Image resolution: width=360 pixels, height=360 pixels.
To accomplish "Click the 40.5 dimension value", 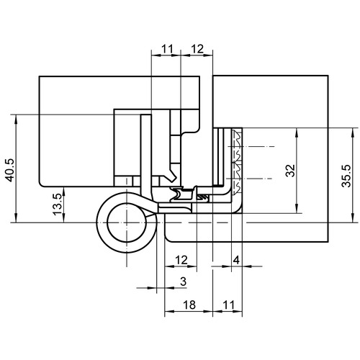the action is tap(10, 170).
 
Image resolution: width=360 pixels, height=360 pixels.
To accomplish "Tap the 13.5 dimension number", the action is tap(58, 204).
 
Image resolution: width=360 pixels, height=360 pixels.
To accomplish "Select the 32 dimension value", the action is tap(290, 171).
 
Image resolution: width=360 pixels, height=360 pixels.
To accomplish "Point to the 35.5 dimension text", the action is tap(346, 176).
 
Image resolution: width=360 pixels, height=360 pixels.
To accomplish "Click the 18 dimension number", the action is tap(189, 305).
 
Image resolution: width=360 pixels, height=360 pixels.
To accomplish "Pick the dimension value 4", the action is tap(236, 260).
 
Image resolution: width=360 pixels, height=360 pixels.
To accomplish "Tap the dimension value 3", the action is tap(184, 281).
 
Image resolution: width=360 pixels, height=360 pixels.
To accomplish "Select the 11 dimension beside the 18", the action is tap(228, 305).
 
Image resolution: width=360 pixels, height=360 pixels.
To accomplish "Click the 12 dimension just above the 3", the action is tap(181, 260).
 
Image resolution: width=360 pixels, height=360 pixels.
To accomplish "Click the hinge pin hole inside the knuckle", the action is tap(127, 222).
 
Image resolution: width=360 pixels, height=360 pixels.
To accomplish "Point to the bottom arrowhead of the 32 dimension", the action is tap(297, 209).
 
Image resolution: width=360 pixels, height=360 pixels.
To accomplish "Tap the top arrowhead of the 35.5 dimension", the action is tap(353, 132).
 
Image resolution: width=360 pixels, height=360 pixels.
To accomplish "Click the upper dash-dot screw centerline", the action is tap(251, 146).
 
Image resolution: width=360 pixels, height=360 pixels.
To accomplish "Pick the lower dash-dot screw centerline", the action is tap(250, 179).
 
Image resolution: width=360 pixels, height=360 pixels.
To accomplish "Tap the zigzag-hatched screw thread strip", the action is tap(237, 161).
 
